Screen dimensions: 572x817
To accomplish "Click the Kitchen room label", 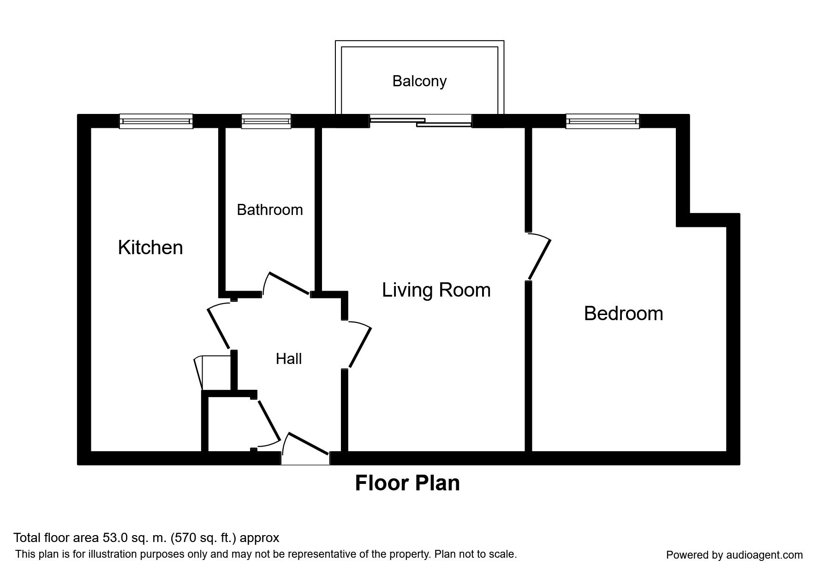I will pos(150,248).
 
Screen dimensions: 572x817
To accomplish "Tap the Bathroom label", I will pos(270,210).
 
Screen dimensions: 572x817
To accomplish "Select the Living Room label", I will pos(436,290).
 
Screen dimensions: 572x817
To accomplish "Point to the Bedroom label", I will pos(623,314).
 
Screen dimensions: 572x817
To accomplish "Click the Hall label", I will pos(289,359).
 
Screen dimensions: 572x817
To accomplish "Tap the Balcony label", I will pos(419,81).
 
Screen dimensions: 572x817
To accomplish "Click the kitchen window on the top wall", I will pos(156,121).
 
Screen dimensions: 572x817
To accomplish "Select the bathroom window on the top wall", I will pos(266,121).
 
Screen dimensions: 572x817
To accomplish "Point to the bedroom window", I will pos(602,121).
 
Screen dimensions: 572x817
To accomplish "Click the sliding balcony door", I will pos(421,121).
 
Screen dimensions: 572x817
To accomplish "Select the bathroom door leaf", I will pos(289,283).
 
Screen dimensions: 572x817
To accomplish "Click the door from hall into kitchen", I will pos(219,328).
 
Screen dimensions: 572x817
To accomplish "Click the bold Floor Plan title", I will pos(407,483).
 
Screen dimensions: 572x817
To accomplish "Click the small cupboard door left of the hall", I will pos(199,373).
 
